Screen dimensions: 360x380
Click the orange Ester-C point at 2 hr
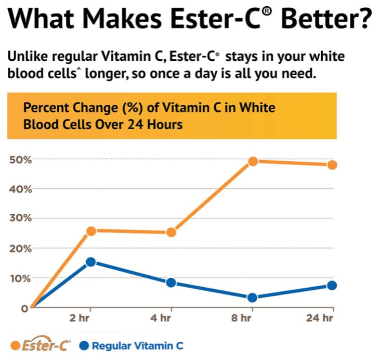point(90,230)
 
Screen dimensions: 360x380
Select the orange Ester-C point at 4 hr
point(171,232)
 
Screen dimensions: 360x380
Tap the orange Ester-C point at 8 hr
point(253,161)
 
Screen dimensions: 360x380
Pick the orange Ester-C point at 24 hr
point(332,165)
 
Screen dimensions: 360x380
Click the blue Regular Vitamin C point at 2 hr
point(90,262)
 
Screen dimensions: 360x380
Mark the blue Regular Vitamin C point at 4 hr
point(171,282)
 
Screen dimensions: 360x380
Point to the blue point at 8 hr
point(253,298)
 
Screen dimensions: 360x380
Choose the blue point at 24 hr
point(332,285)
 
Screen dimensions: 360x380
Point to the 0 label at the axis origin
point(24,308)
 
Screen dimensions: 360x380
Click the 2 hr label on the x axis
point(80,317)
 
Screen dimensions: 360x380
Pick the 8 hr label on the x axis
point(241,317)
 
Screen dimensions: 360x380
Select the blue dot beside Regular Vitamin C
point(85,345)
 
